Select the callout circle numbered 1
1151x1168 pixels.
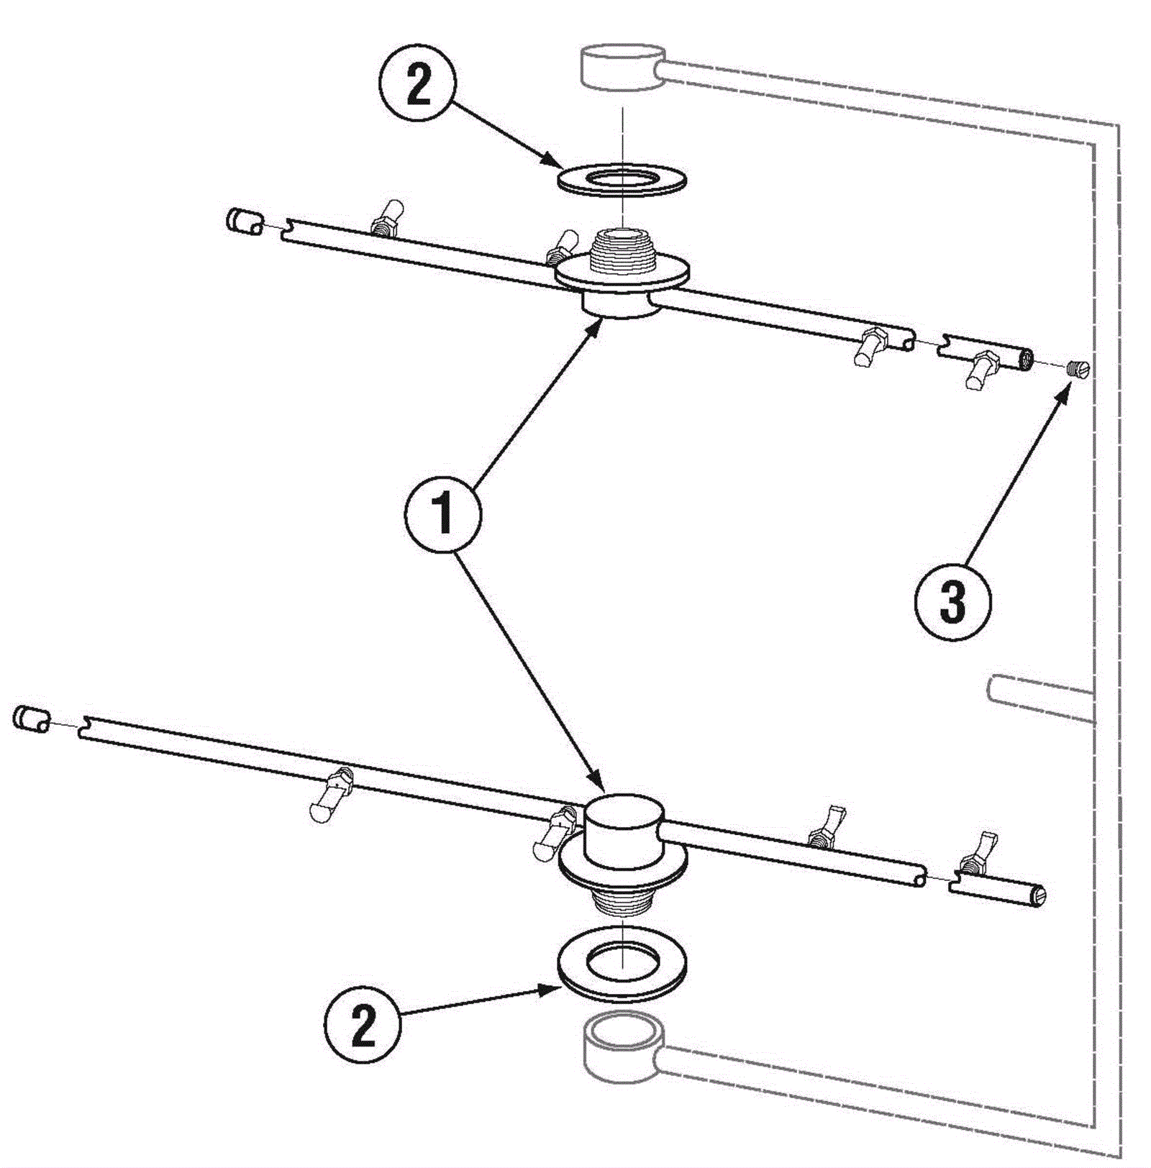pos(442,514)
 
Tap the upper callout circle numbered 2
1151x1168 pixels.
pos(417,86)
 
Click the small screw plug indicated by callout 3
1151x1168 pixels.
pos(1078,370)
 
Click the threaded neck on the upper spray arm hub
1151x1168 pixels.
pos(623,252)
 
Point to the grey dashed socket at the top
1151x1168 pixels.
pos(623,66)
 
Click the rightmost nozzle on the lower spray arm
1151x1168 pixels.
pos(977,853)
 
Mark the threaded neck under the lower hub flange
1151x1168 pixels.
pos(623,903)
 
